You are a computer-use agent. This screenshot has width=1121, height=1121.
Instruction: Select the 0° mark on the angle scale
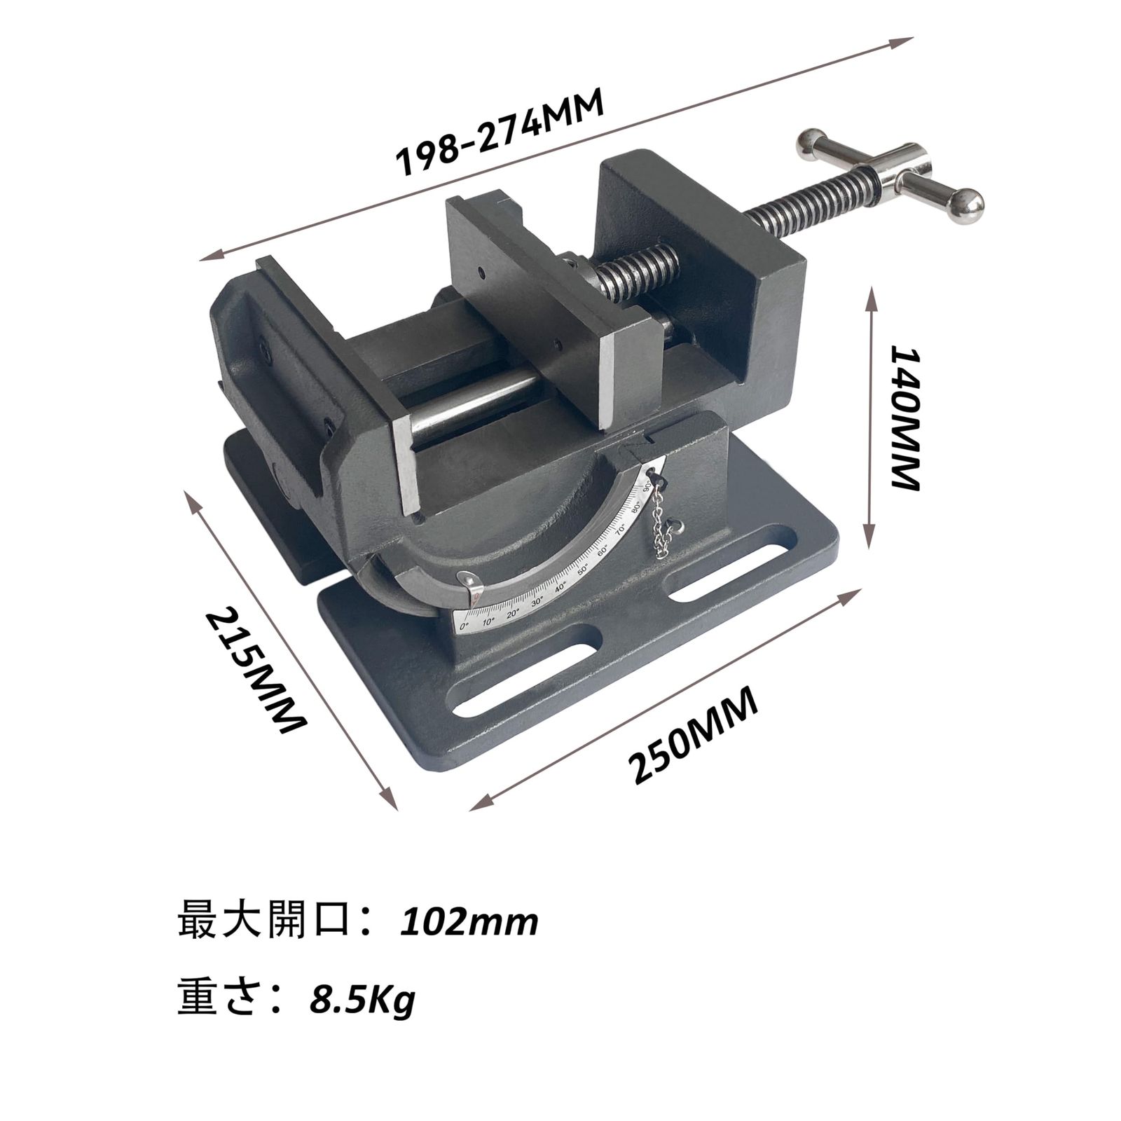coord(463,624)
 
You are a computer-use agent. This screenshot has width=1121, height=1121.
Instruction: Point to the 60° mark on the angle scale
coord(603,548)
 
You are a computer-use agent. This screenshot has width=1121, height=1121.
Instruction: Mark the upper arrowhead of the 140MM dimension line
coord(871,294)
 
